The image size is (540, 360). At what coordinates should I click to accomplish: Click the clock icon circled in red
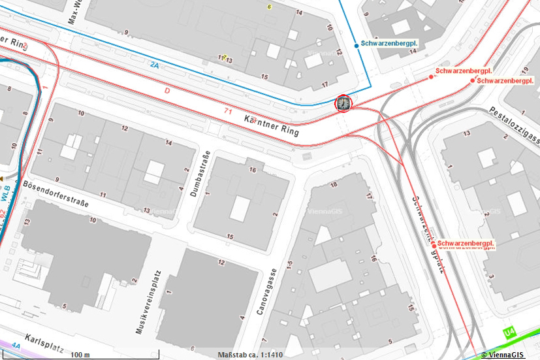click(343, 103)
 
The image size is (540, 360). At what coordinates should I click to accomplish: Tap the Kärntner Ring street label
click(271, 126)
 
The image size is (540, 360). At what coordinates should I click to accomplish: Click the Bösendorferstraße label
click(56, 195)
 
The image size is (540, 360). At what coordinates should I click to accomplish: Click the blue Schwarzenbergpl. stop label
click(390, 44)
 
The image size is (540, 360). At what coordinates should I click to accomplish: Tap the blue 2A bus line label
click(154, 65)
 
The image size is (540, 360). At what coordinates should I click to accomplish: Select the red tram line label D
click(167, 91)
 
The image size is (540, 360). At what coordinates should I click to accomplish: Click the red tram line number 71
click(228, 112)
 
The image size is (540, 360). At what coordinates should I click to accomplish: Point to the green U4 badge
click(509, 334)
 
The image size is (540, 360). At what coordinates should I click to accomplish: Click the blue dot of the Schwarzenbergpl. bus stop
click(357, 45)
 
